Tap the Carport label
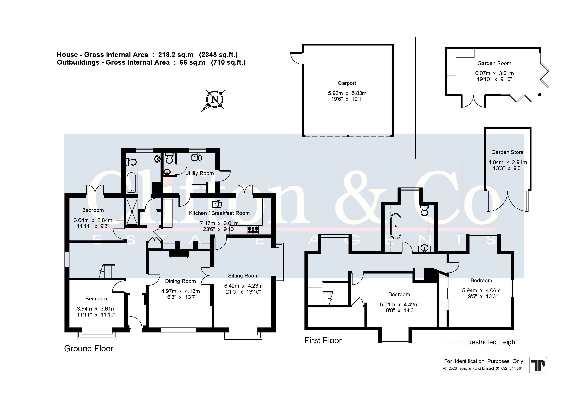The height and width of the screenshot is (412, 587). (x=347, y=83)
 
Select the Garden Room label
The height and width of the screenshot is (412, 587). (x=494, y=63)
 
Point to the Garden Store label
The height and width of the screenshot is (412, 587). (x=507, y=152)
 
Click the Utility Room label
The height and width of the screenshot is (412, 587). (x=199, y=173)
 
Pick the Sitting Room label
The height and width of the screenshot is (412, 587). (x=243, y=276)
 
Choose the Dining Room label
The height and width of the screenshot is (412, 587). (x=180, y=281)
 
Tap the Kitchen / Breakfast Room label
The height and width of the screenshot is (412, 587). (x=219, y=213)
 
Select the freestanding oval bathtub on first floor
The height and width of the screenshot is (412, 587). (x=396, y=226)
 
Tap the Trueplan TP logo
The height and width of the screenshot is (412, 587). (x=538, y=365)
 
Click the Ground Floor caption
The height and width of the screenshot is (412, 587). (x=88, y=349)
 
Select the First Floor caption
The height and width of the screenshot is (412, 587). (x=323, y=340)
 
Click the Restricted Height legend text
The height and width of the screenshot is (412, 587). (x=492, y=342)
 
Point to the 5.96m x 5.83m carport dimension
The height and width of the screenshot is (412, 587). (x=347, y=93)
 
